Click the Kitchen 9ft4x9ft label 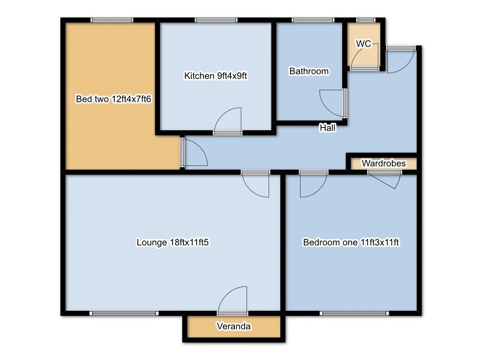click(x=215, y=75)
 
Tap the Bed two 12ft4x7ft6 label click(x=113, y=99)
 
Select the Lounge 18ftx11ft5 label click(x=172, y=242)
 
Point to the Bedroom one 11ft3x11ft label click(x=351, y=242)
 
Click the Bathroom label click(x=309, y=71)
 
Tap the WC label click(x=363, y=44)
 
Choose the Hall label click(x=328, y=127)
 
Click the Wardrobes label click(x=383, y=163)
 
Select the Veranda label click(x=233, y=326)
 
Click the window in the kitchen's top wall click(x=216, y=20)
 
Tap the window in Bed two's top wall click(x=112, y=20)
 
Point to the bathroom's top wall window click(x=313, y=20)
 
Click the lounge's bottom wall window click(x=124, y=313)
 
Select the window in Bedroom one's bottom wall click(x=354, y=313)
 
